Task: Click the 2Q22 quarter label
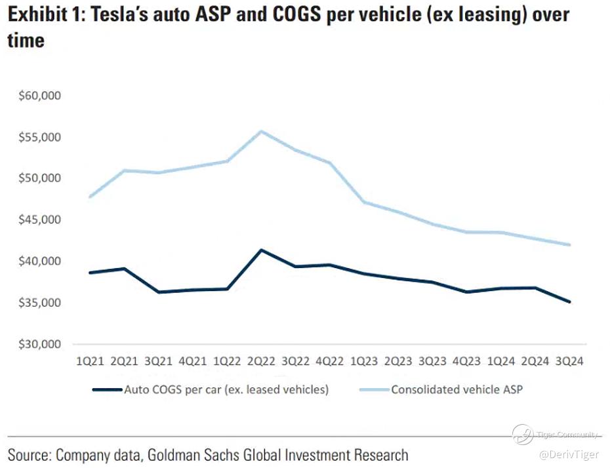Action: click(260, 361)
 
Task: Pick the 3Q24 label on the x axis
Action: click(569, 361)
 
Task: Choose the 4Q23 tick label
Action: click(466, 361)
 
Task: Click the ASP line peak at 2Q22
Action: click(260, 131)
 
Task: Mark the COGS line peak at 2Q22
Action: click(260, 250)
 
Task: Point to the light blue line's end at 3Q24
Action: click(569, 244)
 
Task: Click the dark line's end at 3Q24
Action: click(569, 302)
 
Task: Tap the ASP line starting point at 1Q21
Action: click(89, 197)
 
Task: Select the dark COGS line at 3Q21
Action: click(158, 292)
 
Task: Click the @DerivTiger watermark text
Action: click(569, 454)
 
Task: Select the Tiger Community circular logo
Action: click(522, 434)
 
